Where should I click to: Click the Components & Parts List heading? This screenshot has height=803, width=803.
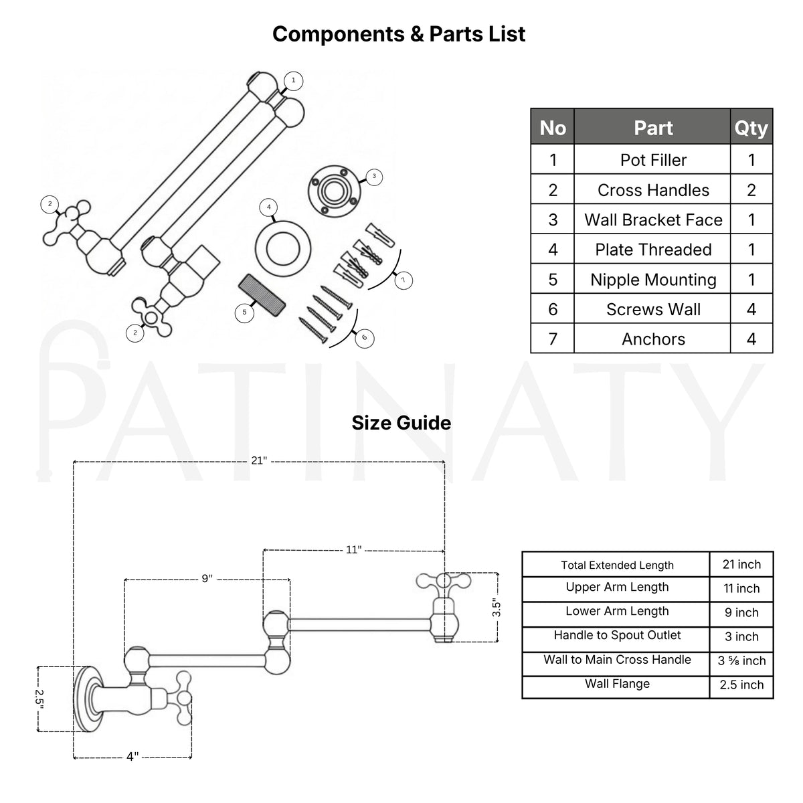coord(399,34)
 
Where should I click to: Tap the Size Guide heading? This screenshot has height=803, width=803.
coord(401,423)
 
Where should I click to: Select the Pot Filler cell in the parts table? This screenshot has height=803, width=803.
coord(653,160)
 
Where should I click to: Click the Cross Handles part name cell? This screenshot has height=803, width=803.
coord(653,190)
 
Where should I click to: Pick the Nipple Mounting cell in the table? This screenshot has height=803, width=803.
coord(653,280)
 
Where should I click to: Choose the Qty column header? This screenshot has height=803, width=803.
coord(751,128)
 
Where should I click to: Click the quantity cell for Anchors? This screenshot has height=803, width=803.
coord(751,339)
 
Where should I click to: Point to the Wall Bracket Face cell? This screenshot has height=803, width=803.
coord(653,220)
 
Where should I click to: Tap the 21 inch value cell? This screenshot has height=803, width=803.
coord(741,564)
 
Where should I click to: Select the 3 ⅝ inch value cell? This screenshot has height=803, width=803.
coord(741,660)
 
